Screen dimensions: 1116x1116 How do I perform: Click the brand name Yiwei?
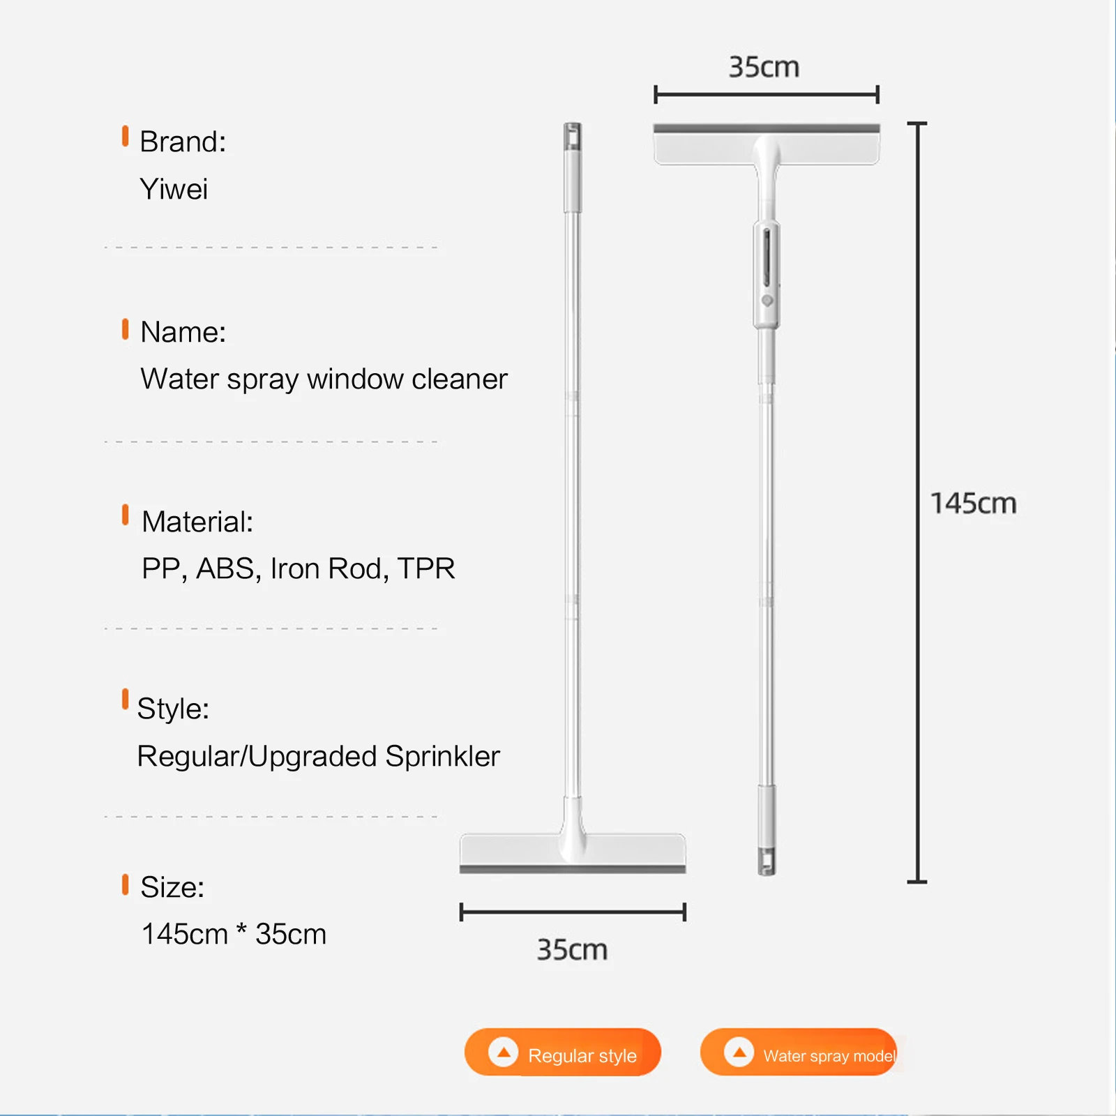coord(174,189)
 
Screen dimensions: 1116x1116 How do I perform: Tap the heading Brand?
coord(183,142)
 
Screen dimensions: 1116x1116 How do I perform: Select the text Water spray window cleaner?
coord(324,379)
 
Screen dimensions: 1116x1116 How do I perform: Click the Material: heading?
coord(197,522)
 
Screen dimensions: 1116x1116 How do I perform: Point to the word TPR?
coord(426,568)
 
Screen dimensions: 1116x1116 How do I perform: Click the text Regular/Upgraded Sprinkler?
coord(319,756)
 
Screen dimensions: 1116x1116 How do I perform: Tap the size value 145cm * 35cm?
coord(234,934)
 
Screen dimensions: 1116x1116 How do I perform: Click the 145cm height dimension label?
coord(974,504)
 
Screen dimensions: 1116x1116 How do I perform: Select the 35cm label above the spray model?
coord(764,68)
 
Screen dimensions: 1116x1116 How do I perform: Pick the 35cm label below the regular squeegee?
coord(572,950)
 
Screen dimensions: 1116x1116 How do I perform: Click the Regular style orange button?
coord(562,1052)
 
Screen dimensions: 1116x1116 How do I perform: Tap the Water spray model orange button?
coord(798,1052)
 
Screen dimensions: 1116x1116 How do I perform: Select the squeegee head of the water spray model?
coord(767,144)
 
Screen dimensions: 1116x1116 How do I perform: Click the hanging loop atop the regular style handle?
coord(573,136)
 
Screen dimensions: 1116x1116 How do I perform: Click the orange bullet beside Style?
coord(126,699)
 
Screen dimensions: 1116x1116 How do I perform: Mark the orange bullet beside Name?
coord(126,329)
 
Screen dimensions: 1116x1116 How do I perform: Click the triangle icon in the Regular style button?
coord(503,1052)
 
